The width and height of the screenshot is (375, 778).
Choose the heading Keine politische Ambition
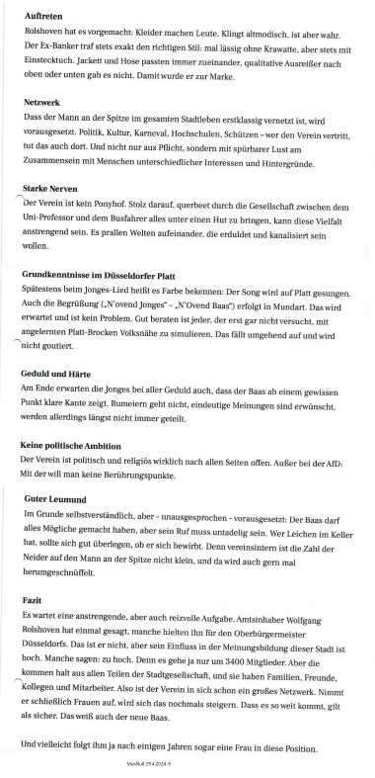[84, 446]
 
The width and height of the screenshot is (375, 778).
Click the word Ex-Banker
[62, 45]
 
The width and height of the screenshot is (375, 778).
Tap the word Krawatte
[270, 45]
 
